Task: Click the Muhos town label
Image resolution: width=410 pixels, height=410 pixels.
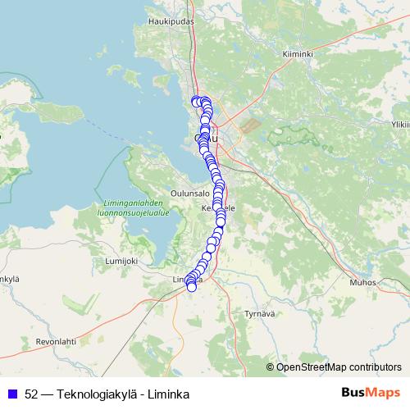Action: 362,281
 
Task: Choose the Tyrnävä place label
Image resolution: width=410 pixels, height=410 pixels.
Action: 259,313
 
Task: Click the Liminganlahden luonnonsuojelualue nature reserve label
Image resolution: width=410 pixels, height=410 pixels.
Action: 132,207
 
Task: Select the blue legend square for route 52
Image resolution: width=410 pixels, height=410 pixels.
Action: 12,393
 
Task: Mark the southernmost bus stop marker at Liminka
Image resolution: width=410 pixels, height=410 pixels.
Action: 192,287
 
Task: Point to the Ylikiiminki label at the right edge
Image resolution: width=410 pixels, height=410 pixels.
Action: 400,125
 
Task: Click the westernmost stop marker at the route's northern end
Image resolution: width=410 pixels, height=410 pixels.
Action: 195,101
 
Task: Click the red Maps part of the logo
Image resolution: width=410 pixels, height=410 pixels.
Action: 385,392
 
